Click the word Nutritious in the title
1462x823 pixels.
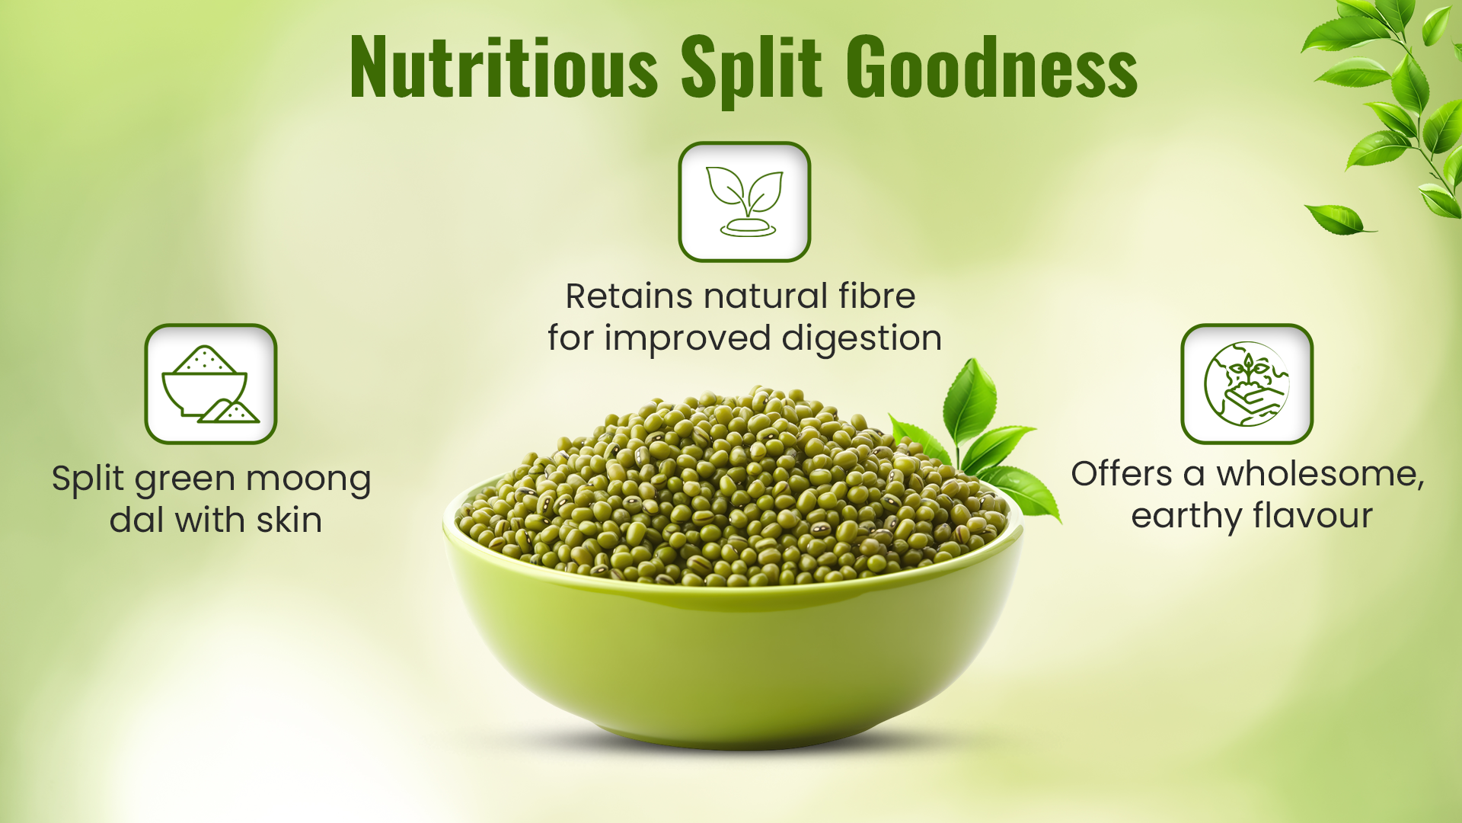503,68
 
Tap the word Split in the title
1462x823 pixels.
752,70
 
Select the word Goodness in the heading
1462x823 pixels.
991,67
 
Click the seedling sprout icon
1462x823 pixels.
745,202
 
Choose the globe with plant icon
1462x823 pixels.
1247,384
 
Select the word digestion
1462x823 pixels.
862,339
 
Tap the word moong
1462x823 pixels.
308,479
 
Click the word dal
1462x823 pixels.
138,520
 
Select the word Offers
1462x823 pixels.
1122,474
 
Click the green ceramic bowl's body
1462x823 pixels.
733,655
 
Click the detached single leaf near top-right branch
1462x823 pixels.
1339,219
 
